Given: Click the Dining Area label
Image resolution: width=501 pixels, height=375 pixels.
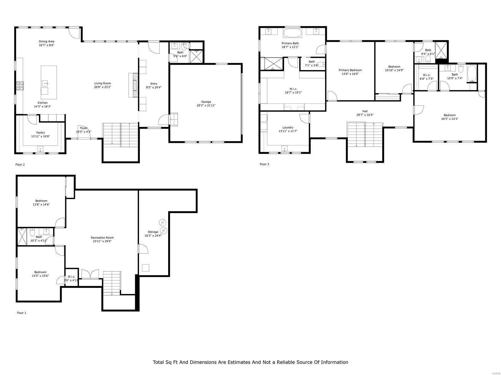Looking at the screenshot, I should click(x=46, y=41).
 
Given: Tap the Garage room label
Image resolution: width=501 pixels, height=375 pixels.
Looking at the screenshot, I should click(x=206, y=102).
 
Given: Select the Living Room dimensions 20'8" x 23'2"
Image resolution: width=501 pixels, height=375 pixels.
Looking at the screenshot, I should click(x=103, y=87).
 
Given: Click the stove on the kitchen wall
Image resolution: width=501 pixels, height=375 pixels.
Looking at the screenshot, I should click(x=20, y=86).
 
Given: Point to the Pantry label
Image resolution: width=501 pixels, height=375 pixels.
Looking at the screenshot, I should click(x=40, y=132).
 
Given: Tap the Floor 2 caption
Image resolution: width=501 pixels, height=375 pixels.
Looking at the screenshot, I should click(x=20, y=164).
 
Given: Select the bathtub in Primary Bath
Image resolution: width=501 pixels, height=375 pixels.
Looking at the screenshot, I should click(x=292, y=33).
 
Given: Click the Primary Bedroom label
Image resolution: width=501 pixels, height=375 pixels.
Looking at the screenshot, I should click(x=350, y=70).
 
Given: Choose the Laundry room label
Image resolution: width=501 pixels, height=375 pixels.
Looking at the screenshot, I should click(x=288, y=127).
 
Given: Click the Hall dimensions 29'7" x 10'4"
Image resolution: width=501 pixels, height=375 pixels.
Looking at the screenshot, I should click(x=365, y=115).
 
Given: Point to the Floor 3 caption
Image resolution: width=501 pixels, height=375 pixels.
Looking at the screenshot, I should click(x=264, y=164).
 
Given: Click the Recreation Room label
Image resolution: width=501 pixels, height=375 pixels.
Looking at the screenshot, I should click(x=102, y=237).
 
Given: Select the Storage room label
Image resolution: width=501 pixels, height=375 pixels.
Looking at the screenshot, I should click(x=153, y=232).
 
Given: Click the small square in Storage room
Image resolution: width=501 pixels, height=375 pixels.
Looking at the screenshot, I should click(x=146, y=268).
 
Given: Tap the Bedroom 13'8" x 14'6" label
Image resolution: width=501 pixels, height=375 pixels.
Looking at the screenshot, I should click(x=41, y=201).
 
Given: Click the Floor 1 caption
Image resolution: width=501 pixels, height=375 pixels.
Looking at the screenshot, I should click(x=21, y=312).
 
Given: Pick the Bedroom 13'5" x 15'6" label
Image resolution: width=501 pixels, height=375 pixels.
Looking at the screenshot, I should click(x=40, y=272).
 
